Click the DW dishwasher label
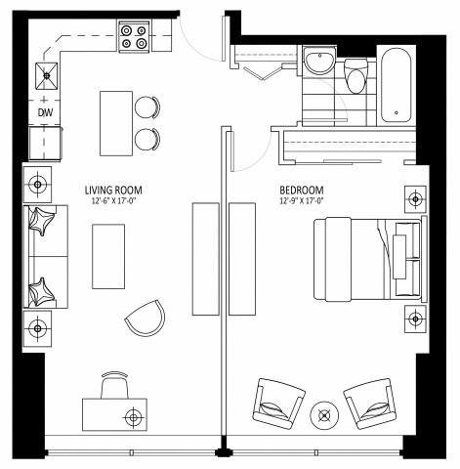[45, 113]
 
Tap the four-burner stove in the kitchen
[135, 36]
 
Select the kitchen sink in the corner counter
[45, 74]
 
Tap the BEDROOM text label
[301, 191]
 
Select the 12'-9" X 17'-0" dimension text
[301, 202]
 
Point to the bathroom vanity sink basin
[319, 64]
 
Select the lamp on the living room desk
[133, 417]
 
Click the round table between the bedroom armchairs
[323, 415]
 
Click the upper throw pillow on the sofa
[43, 222]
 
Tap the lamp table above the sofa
[38, 183]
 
